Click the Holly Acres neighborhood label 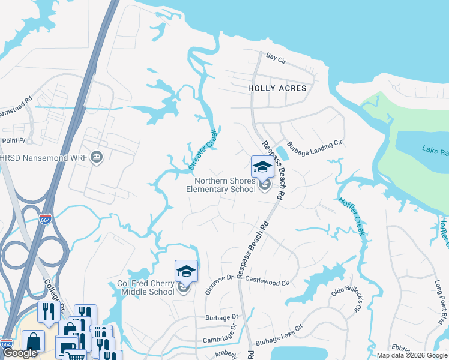[x=277, y=88]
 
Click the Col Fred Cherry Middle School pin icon [x=186, y=272]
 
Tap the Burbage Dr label [x=221, y=316]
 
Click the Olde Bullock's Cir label [x=348, y=300]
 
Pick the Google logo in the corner [x=20, y=353]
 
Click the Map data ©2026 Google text [x=412, y=355]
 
